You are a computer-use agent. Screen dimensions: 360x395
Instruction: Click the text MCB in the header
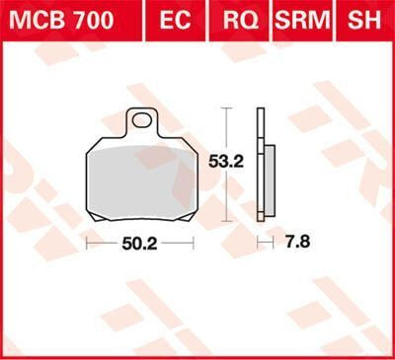[35, 20]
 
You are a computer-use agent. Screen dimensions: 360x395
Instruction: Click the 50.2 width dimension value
[139, 242]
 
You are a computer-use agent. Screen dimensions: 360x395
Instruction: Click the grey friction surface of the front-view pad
[138, 178]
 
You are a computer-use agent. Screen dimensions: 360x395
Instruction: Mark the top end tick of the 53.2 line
[228, 108]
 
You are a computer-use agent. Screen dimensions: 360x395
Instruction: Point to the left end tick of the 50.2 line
[87, 242]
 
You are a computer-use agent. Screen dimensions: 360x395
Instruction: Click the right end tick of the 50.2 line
[192, 242]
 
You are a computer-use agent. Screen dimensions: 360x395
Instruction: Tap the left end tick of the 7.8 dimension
[258, 242]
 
